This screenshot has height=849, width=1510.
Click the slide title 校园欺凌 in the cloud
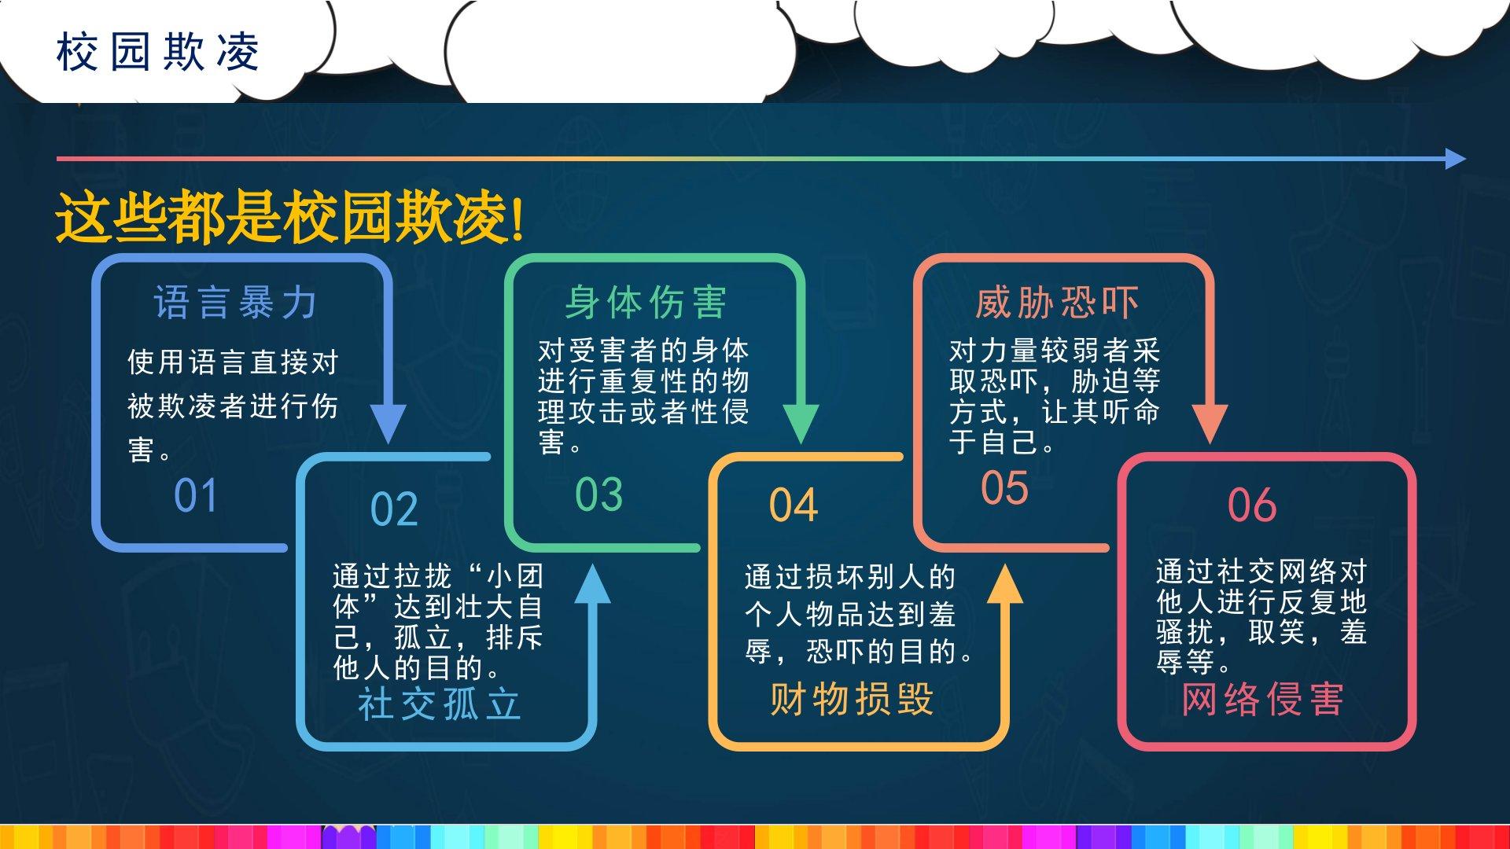click(158, 53)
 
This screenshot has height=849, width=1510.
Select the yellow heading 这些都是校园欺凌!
click(289, 218)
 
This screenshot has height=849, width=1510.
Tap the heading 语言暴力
click(236, 303)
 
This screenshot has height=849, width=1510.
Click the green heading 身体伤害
click(646, 303)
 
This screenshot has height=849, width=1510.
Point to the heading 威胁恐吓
click(1057, 303)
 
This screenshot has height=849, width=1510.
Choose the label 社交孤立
click(440, 704)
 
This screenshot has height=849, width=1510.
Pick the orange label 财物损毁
click(852, 699)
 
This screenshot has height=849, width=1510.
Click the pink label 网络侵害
click(1263, 699)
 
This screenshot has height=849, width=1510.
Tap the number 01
click(195, 495)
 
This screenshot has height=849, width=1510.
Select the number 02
click(394, 509)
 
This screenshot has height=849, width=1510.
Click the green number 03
click(598, 494)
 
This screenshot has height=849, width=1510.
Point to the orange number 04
click(794, 505)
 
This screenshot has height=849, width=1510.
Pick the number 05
click(1004, 487)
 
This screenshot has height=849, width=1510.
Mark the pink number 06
click(1252, 505)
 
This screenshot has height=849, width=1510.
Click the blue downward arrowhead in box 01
click(388, 424)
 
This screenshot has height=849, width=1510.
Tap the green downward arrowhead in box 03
click(801, 424)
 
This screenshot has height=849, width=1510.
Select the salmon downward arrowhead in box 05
click(1210, 424)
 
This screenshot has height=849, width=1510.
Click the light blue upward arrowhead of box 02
click(592, 584)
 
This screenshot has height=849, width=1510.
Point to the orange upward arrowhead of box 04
click(1004, 584)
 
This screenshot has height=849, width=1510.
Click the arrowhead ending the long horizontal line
click(1456, 159)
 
